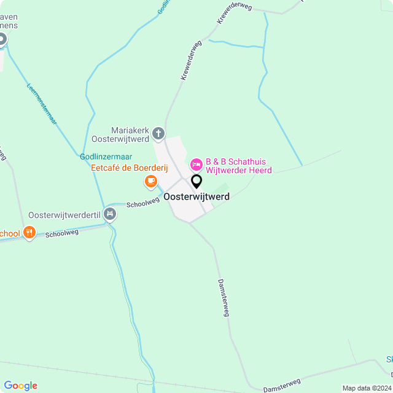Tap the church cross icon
point(158,133)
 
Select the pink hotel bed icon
point(196,164)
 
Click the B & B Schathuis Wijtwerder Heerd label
point(238,166)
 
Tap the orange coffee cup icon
point(150,181)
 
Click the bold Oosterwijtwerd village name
point(196,196)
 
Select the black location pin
point(196,181)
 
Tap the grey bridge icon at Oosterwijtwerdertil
point(110,214)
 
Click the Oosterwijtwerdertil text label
point(64,216)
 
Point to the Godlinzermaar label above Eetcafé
point(106,157)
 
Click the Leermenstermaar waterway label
point(42,104)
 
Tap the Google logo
point(20,386)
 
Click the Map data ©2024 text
point(366,388)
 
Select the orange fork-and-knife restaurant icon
point(29,232)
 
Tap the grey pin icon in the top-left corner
point(2,40)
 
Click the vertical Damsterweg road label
point(224,298)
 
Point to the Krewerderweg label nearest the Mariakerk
point(191,61)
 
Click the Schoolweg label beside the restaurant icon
point(63,233)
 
